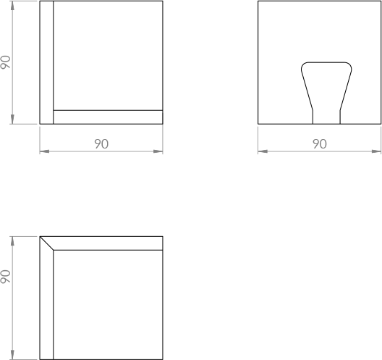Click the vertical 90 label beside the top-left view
[5, 62]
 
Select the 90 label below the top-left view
[101, 143]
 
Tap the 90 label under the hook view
[320, 143]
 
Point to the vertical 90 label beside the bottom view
[5, 277]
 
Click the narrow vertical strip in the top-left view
[46, 62]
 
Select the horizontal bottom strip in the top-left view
[108, 117]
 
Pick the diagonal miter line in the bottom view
[46, 243]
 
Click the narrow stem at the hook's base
[326, 117]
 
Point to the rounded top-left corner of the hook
[304, 66]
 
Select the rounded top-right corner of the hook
[349, 66]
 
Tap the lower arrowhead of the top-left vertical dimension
[12, 120]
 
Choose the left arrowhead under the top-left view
[45, 151]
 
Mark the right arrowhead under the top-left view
[158, 151]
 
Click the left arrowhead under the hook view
[263, 151]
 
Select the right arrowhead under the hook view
[376, 151]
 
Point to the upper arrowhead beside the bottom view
[12, 241]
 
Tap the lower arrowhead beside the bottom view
[12, 355]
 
